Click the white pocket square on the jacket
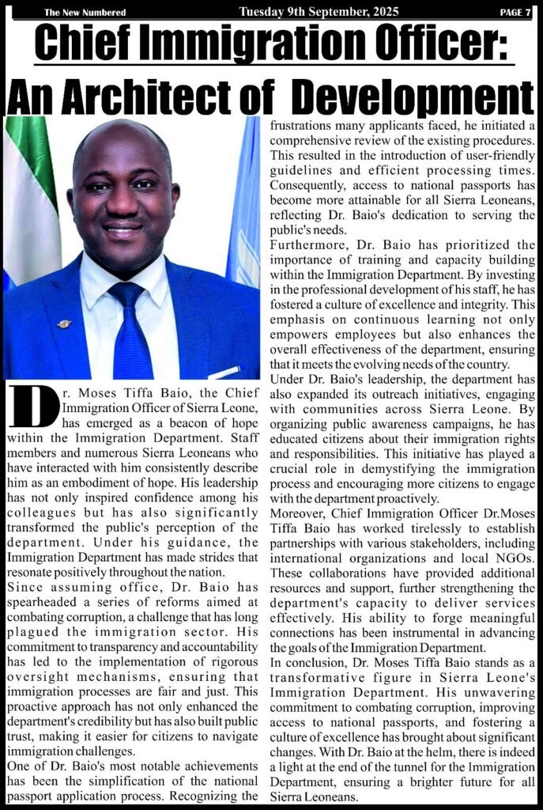[223, 371]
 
